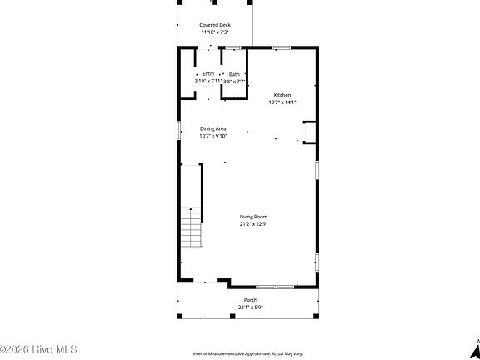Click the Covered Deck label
(215, 25)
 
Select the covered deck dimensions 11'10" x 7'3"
(215, 32)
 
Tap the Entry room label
(207, 74)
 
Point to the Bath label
(234, 74)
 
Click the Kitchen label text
(282, 95)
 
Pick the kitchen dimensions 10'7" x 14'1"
(282, 102)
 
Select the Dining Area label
(212, 128)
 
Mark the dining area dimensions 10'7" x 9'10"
(212, 136)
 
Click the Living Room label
(253, 217)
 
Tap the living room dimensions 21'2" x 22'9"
(253, 224)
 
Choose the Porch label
(250, 299)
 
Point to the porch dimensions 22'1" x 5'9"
(250, 307)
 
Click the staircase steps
(192, 228)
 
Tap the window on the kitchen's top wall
(282, 48)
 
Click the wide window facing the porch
(275, 286)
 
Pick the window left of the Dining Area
(178, 131)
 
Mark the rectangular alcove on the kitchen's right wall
(310, 132)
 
